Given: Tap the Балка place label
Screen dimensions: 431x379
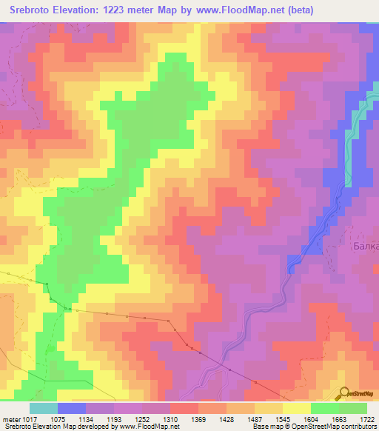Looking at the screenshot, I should click(x=365, y=247).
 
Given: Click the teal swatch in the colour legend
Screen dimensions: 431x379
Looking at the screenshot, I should click(x=44, y=408).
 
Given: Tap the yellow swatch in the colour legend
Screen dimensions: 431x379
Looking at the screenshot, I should click(x=297, y=408).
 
